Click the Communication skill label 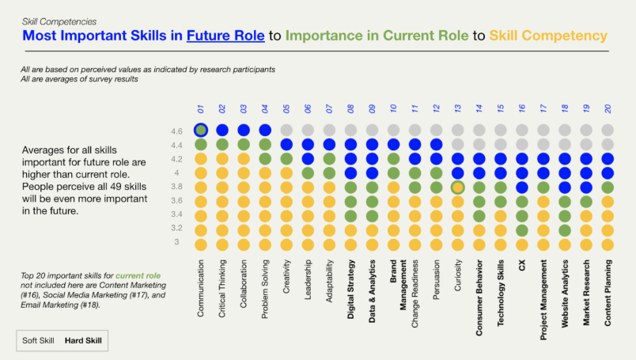201,289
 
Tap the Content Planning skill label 608,293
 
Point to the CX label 521,266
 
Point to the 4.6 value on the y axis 177,131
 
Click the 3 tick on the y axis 176,243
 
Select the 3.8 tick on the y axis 177,187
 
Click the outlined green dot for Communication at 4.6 201,130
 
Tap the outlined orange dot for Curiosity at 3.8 457,188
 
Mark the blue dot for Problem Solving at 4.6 265,130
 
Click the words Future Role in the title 224,36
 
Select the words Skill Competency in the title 548,36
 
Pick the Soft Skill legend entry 38,340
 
